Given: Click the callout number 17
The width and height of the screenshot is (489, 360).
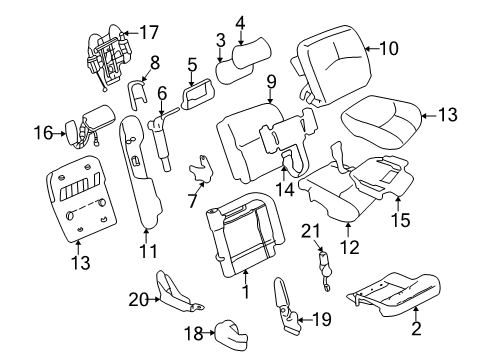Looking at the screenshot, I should click(x=149, y=33).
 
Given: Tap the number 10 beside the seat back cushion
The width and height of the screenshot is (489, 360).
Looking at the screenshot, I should click(x=388, y=47).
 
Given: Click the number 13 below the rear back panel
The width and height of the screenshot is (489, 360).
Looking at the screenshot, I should click(x=80, y=263).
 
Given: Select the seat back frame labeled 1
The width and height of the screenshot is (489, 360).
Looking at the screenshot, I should click(x=240, y=240).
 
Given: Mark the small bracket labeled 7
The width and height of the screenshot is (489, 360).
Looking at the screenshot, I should click(x=204, y=170).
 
